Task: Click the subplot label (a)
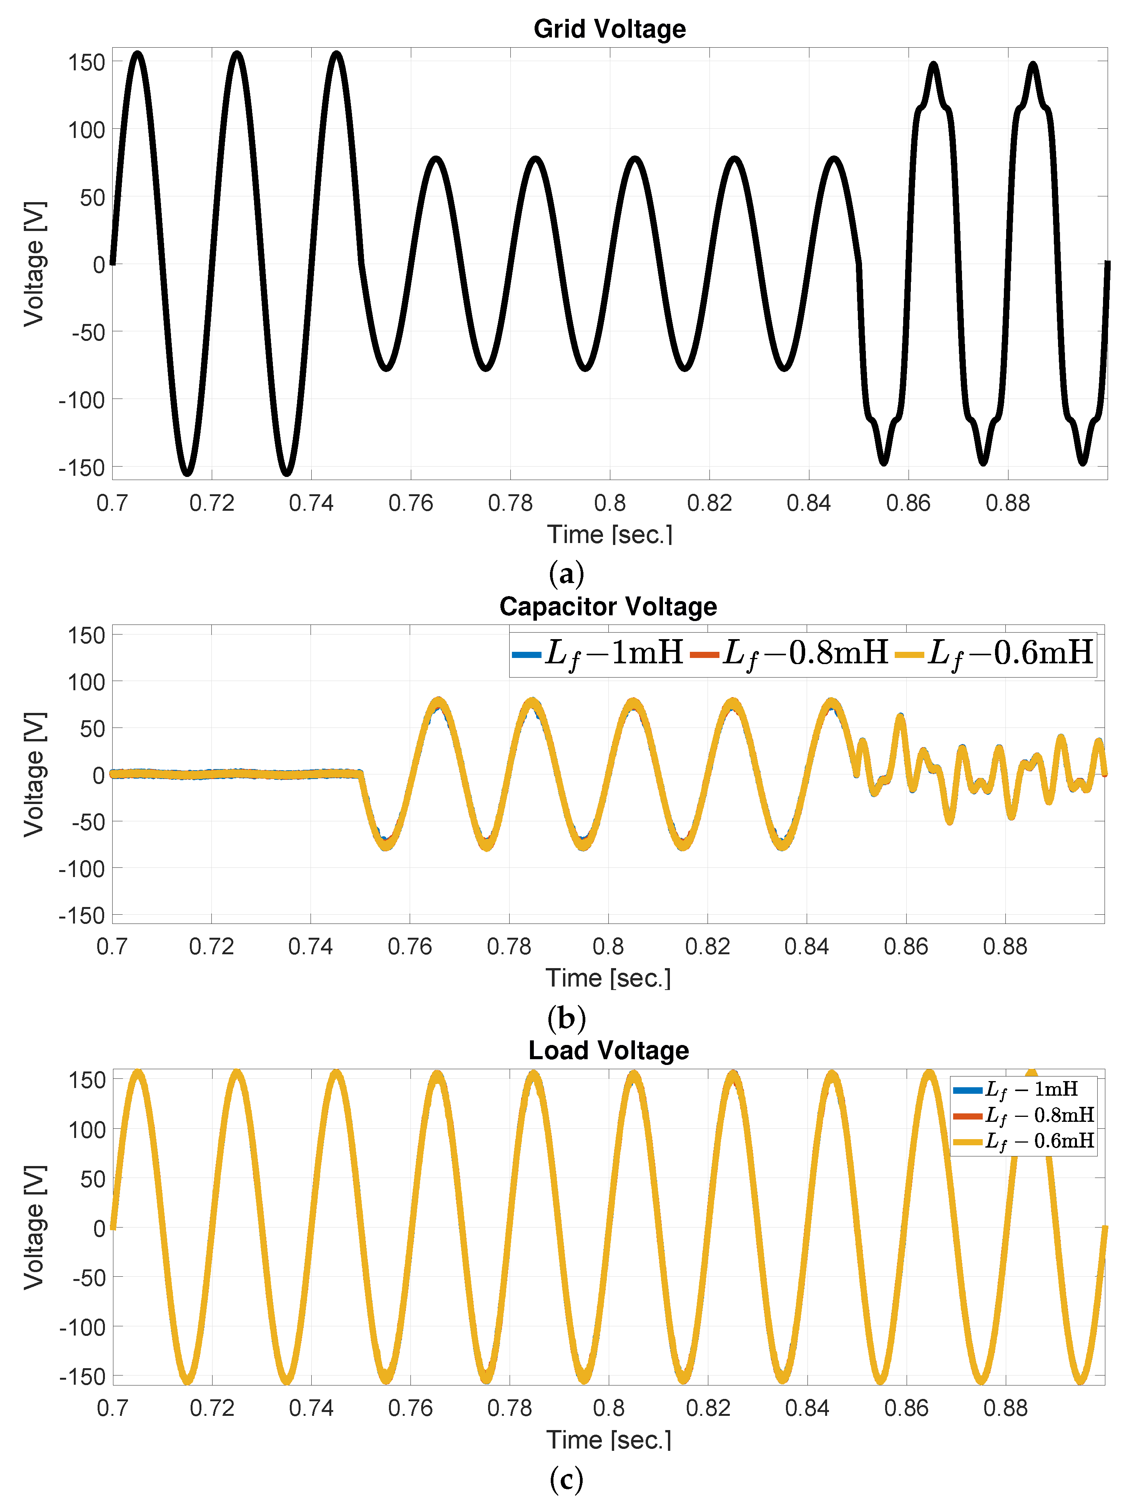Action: [566, 573]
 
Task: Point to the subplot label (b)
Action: [566, 1018]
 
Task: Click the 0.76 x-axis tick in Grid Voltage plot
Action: [410, 503]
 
